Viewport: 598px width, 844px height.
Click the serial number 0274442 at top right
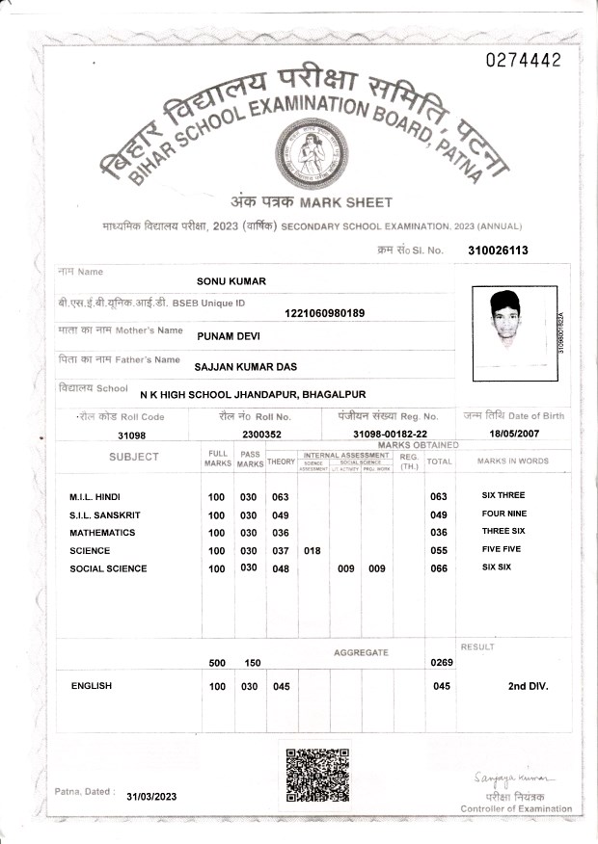click(x=524, y=60)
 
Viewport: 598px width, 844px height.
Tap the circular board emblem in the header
click(x=308, y=153)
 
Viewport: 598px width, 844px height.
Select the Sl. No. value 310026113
click(x=498, y=251)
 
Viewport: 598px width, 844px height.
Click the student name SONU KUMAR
click(x=231, y=281)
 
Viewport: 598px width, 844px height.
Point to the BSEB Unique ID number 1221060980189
click(x=325, y=312)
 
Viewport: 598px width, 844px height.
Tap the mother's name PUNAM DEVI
click(x=229, y=336)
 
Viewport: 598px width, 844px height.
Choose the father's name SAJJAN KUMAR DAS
click(x=245, y=367)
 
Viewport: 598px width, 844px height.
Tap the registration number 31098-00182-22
click(x=390, y=435)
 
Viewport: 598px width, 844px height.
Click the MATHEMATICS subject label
click(x=102, y=533)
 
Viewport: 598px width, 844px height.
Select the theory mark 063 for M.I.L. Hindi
click(x=281, y=497)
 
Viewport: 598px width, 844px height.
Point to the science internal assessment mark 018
click(x=313, y=551)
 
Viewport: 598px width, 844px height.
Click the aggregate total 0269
click(x=440, y=663)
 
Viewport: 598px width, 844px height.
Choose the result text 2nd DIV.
click(x=528, y=686)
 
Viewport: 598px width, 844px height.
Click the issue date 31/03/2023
click(x=152, y=797)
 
